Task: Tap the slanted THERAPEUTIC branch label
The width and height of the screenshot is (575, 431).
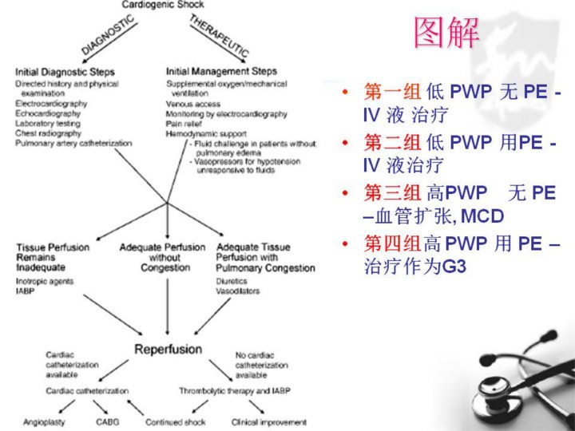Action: click(219, 35)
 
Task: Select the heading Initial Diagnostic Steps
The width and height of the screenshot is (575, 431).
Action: click(65, 72)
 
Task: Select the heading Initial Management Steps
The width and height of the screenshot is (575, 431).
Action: click(221, 72)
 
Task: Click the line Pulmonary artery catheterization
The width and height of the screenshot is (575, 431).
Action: click(73, 144)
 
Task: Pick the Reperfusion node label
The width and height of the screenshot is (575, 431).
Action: click(167, 349)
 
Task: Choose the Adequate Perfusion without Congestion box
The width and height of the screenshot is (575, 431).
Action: click(162, 257)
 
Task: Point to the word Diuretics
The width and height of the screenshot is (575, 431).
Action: click(232, 282)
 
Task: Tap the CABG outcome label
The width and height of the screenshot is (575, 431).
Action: click(108, 421)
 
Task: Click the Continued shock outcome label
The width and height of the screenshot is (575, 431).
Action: click(175, 421)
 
